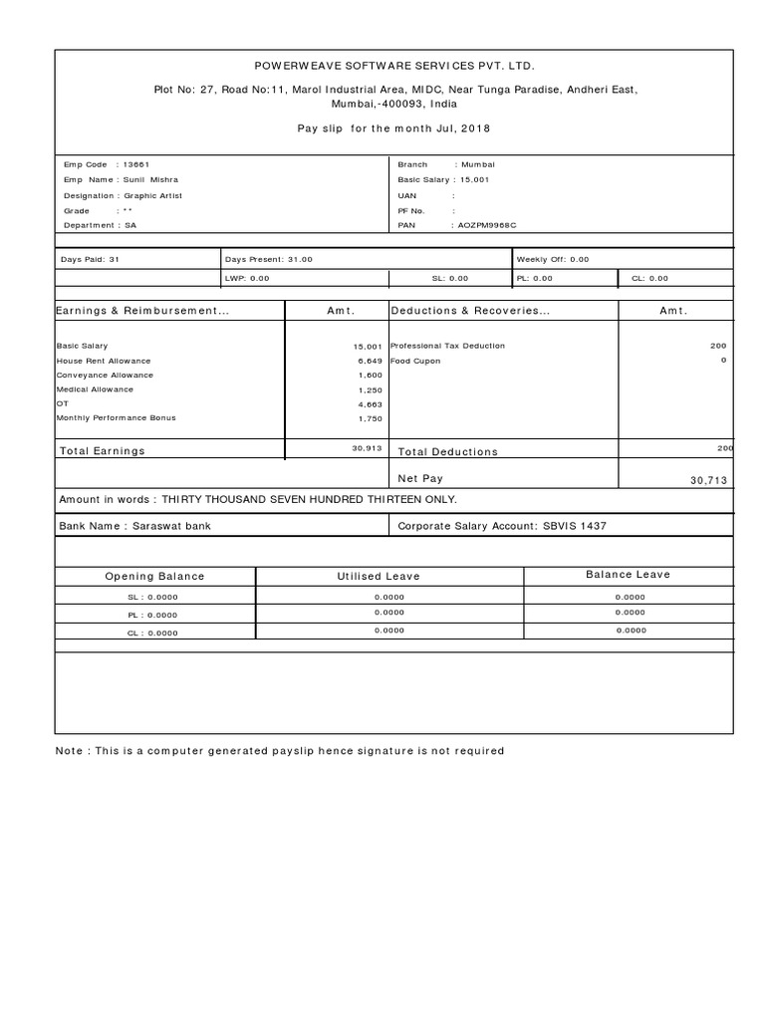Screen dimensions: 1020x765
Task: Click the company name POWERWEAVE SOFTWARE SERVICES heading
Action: point(394,66)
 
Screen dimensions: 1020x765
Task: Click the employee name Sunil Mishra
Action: point(150,180)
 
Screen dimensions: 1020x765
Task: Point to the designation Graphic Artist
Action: point(153,195)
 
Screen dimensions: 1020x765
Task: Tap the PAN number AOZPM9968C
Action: point(487,226)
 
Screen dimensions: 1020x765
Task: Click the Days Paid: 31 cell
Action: point(91,259)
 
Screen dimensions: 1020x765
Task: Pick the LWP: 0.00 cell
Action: point(247,279)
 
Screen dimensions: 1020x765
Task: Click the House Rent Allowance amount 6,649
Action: point(369,361)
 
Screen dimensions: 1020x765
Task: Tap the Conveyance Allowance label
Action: point(105,376)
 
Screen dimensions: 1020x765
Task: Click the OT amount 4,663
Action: point(369,404)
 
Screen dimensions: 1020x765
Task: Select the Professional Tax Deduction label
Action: point(447,346)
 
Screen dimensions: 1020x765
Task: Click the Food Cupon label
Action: point(415,361)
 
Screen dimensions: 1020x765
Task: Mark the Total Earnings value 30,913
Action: point(367,449)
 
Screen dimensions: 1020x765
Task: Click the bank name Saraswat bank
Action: point(172,525)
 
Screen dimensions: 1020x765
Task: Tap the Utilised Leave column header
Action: point(379,576)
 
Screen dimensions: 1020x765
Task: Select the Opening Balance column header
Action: point(154,576)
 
